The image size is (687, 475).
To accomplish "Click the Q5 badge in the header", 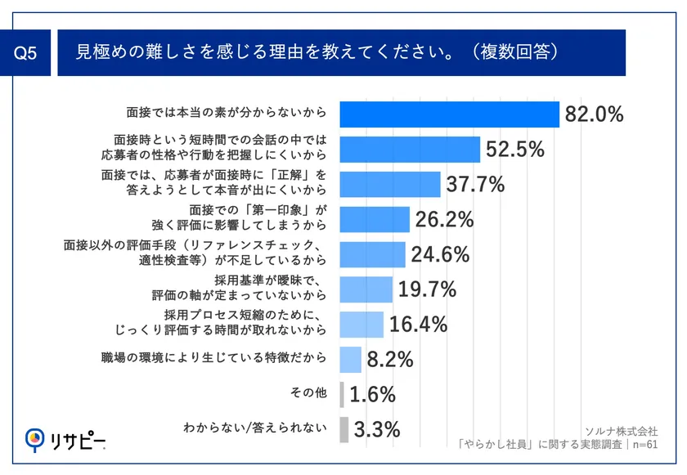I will pos(26,54).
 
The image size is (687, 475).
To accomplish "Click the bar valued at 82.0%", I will pos(448,114).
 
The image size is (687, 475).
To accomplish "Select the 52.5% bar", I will pos(409,150).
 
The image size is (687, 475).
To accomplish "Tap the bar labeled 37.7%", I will pos(389,185).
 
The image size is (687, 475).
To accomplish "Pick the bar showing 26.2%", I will pos(374,219).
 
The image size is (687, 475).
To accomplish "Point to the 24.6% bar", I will pos(371,254).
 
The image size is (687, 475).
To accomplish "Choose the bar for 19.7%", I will pos(365,289).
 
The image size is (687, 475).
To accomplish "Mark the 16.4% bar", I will pos(361,324).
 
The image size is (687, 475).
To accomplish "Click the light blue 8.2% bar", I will pos(350,359).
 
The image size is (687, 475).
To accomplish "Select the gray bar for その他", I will pos(341,394).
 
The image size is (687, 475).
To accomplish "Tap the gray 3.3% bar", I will pos(343,428).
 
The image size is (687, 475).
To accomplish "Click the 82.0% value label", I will pos(594,114).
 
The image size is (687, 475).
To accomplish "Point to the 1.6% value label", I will pos(373,394).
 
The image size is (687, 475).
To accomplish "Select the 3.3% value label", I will pos(377,428).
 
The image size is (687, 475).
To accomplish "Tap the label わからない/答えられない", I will pos(255,428).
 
